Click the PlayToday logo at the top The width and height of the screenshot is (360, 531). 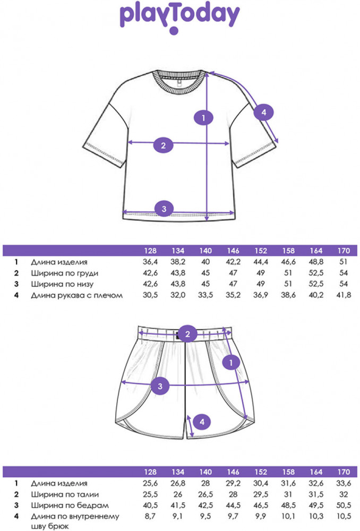179,16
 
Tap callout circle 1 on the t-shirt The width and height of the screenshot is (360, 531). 204,117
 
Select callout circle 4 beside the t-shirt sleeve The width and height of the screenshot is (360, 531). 262,112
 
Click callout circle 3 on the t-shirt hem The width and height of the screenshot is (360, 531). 164,208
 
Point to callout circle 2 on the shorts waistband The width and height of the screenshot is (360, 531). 187,334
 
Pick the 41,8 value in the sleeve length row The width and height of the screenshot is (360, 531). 344,295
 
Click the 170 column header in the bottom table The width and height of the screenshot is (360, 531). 344,472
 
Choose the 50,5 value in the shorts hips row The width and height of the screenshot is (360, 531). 344,505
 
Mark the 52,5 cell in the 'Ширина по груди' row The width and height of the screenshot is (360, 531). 316,273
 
